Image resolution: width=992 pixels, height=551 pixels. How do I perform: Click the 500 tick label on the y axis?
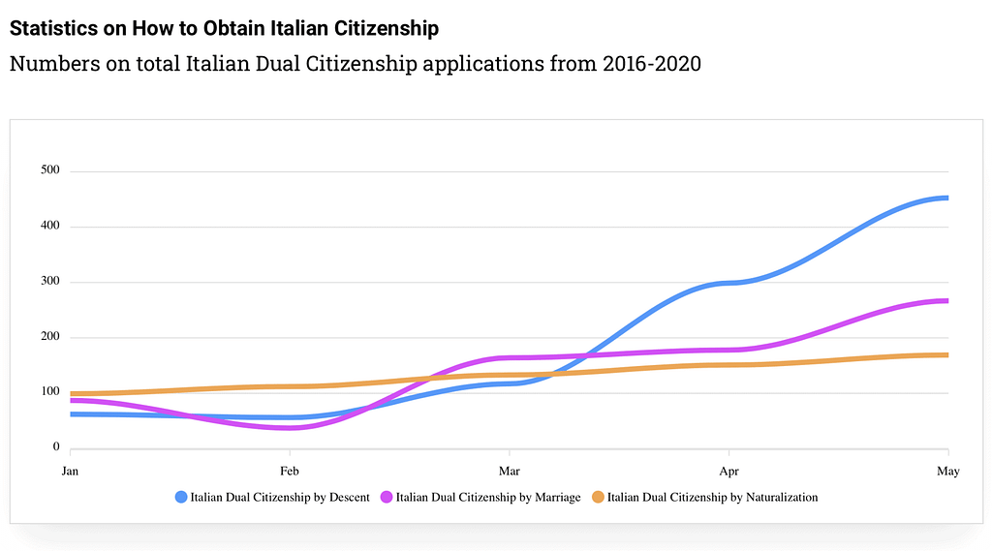(49, 171)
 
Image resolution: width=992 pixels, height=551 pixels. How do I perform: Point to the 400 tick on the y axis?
(49, 227)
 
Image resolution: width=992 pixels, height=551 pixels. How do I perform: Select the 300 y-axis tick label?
(49, 282)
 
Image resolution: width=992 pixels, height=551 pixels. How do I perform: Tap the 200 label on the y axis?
(49, 337)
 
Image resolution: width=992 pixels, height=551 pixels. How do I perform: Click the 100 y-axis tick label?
(49, 392)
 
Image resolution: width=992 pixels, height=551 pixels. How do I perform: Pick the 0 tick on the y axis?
(56, 447)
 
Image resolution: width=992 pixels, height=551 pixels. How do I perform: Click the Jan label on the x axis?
(70, 472)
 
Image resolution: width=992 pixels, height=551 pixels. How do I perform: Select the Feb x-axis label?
(290, 472)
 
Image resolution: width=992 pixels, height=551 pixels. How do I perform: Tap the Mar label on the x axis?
(509, 472)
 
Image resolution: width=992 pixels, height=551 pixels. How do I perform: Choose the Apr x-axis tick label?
(728, 472)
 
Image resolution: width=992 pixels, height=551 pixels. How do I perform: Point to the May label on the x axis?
(947, 472)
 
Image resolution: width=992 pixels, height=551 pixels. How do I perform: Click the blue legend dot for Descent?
(181, 498)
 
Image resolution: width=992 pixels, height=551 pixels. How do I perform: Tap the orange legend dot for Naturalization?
(598, 498)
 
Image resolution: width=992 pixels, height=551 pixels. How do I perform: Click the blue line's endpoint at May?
(946, 199)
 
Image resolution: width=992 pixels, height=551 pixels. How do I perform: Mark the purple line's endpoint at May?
(946, 301)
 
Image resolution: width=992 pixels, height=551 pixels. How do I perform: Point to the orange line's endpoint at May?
(946, 355)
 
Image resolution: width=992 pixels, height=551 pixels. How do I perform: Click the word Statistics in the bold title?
(54, 28)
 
